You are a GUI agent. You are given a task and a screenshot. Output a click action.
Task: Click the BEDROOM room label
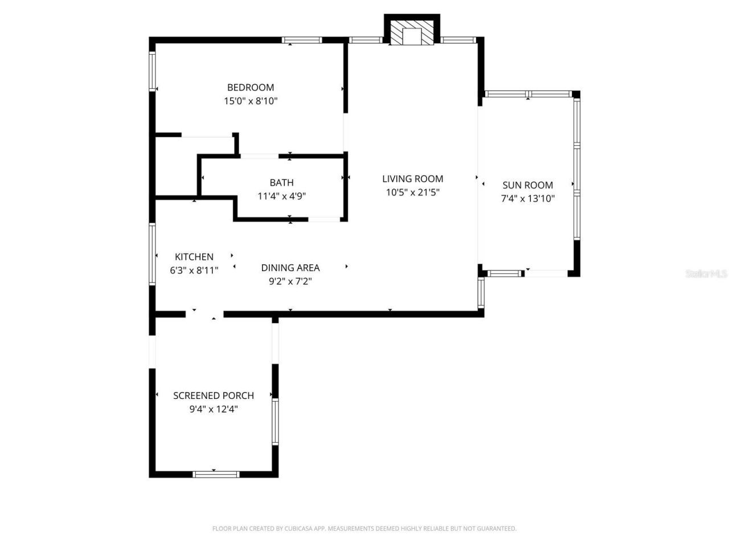(251, 87)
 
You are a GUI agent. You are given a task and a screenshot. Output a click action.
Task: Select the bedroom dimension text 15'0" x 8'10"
(251, 101)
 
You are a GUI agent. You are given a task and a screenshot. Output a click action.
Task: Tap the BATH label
(281, 182)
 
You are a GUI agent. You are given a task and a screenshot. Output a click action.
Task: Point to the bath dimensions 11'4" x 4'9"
(281, 196)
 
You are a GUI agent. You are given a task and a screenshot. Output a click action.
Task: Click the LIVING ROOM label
(412, 178)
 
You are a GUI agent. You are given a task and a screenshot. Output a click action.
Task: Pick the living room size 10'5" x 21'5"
(412, 192)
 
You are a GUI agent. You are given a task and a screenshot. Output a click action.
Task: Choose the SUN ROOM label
(527, 185)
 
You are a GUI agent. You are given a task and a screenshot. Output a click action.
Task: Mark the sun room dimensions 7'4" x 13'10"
(527, 198)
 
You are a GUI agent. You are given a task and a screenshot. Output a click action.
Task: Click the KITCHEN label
(194, 256)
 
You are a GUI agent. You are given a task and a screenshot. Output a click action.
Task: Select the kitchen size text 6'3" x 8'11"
(194, 270)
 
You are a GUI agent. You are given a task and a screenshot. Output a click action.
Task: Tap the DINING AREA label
(290, 267)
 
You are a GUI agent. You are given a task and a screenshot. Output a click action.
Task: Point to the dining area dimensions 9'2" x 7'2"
(290, 281)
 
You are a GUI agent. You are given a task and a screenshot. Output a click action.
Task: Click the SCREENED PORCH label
(214, 395)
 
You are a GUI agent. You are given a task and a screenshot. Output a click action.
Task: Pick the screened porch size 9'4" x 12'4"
(214, 409)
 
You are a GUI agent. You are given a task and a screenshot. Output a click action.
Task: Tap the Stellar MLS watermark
(706, 273)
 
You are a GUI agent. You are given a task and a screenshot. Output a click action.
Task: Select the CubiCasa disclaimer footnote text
(364, 528)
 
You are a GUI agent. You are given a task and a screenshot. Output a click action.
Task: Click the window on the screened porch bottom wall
(216, 474)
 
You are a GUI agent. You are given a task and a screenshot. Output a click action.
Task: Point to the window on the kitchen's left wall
(152, 254)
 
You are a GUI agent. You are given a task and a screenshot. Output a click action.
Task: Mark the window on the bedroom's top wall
(302, 40)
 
